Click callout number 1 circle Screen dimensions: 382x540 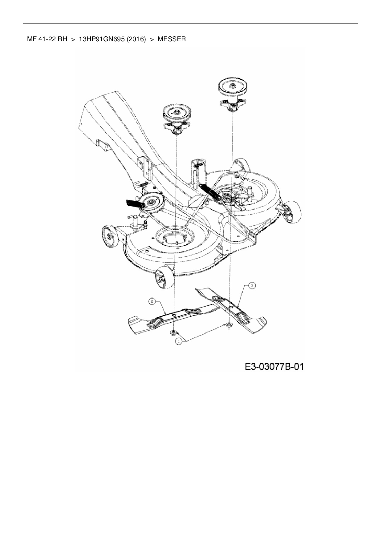(x=178, y=341)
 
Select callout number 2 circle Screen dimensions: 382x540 (x=152, y=301)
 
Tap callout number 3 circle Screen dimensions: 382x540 (x=252, y=286)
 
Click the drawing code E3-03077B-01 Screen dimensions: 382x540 (x=274, y=366)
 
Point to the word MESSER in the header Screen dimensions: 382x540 (x=172, y=39)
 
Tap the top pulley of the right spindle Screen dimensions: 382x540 (x=234, y=84)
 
